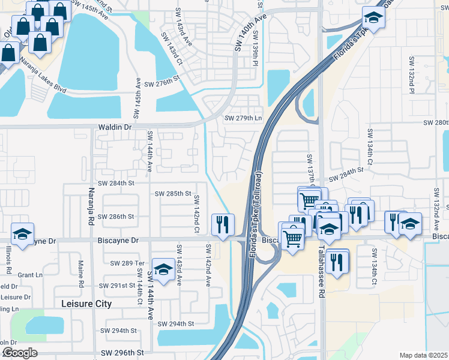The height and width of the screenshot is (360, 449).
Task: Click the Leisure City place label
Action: [87, 304]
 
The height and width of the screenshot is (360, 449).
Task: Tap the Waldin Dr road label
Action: [114, 127]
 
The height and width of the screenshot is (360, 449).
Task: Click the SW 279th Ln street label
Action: [244, 118]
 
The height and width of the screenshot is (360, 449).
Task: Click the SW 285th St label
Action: [173, 194]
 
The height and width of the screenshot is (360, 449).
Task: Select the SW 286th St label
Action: [116, 216]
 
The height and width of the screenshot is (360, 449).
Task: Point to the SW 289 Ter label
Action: [128, 263]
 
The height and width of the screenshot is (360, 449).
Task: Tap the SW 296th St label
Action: [123, 353]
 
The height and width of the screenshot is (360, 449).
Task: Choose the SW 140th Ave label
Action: [250, 34]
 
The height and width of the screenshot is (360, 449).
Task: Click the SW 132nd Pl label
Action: [412, 75]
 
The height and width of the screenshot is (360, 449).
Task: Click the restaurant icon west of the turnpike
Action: [223, 225]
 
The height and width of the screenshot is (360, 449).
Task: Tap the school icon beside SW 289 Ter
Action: [163, 269]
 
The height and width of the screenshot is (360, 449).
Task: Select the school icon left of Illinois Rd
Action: [22, 234]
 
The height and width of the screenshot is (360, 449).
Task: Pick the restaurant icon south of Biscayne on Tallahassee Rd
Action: [337, 260]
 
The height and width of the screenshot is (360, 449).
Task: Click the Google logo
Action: [19, 353]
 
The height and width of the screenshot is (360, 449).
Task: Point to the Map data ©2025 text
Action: [423, 355]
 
